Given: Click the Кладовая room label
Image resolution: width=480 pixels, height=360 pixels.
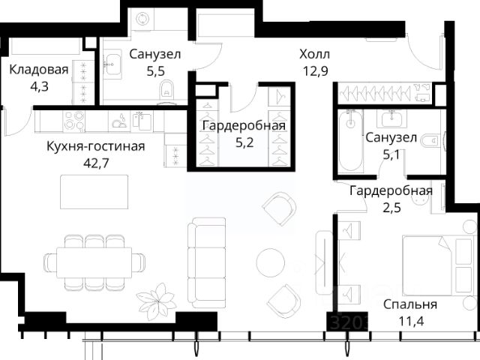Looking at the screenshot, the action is click(39, 70).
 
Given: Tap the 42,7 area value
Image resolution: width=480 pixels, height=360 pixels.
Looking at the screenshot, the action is click(96, 163).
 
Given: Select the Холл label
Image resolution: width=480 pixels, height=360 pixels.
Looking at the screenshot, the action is click(315, 55).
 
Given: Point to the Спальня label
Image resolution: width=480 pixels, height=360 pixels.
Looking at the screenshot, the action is click(410, 304).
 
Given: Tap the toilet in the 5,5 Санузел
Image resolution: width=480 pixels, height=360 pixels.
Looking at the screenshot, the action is click(166, 89).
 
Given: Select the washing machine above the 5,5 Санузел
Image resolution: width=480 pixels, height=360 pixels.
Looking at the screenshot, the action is click(142, 19).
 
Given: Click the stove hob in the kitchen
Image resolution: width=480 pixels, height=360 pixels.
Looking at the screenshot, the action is click(74, 121).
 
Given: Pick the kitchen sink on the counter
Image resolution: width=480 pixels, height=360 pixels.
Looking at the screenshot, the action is click(142, 120).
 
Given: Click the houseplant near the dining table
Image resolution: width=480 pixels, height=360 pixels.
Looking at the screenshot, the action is click(156, 299).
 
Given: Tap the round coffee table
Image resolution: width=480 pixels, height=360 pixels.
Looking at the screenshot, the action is click(271, 262).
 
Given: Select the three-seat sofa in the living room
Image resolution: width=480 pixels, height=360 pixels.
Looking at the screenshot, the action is click(207, 262).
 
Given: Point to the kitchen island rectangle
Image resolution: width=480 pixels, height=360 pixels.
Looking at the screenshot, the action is click(94, 192).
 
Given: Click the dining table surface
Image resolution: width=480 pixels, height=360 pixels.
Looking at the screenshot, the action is click(94, 262).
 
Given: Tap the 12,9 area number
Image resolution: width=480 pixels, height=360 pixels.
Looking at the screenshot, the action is click(315, 71).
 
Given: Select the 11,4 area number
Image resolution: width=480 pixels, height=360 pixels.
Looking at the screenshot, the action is click(411, 322).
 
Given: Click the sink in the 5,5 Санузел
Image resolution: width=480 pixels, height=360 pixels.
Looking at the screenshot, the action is click(112, 64).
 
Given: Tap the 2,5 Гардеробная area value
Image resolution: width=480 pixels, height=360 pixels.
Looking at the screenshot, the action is click(391, 208).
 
